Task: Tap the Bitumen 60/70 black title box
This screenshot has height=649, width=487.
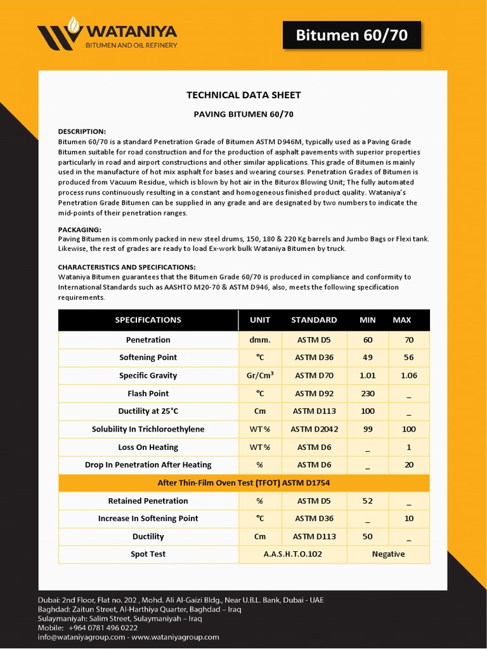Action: point(351,35)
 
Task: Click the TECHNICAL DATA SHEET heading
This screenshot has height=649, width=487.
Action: point(243,95)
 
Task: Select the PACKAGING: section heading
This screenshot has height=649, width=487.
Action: point(80,229)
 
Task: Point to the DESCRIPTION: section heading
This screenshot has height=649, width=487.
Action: point(82,131)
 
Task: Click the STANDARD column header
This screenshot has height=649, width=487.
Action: point(314,320)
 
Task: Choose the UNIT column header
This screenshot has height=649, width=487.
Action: point(260,320)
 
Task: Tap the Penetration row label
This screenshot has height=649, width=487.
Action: point(148,340)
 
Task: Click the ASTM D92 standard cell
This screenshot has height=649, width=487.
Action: point(314,394)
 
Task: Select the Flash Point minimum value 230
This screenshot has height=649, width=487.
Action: point(368,394)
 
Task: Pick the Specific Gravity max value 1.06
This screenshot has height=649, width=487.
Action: point(409,375)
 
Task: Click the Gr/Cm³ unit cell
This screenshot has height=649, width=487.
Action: point(260,375)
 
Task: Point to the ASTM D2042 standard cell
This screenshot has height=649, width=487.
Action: point(314,429)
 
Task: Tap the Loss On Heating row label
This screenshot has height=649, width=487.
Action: point(148,447)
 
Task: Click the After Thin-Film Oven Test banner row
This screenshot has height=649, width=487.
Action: point(243,483)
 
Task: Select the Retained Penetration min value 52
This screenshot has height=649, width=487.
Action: point(368,501)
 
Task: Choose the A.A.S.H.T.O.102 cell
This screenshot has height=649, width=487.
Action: point(293,554)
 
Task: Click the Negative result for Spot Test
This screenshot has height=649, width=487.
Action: point(388,554)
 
